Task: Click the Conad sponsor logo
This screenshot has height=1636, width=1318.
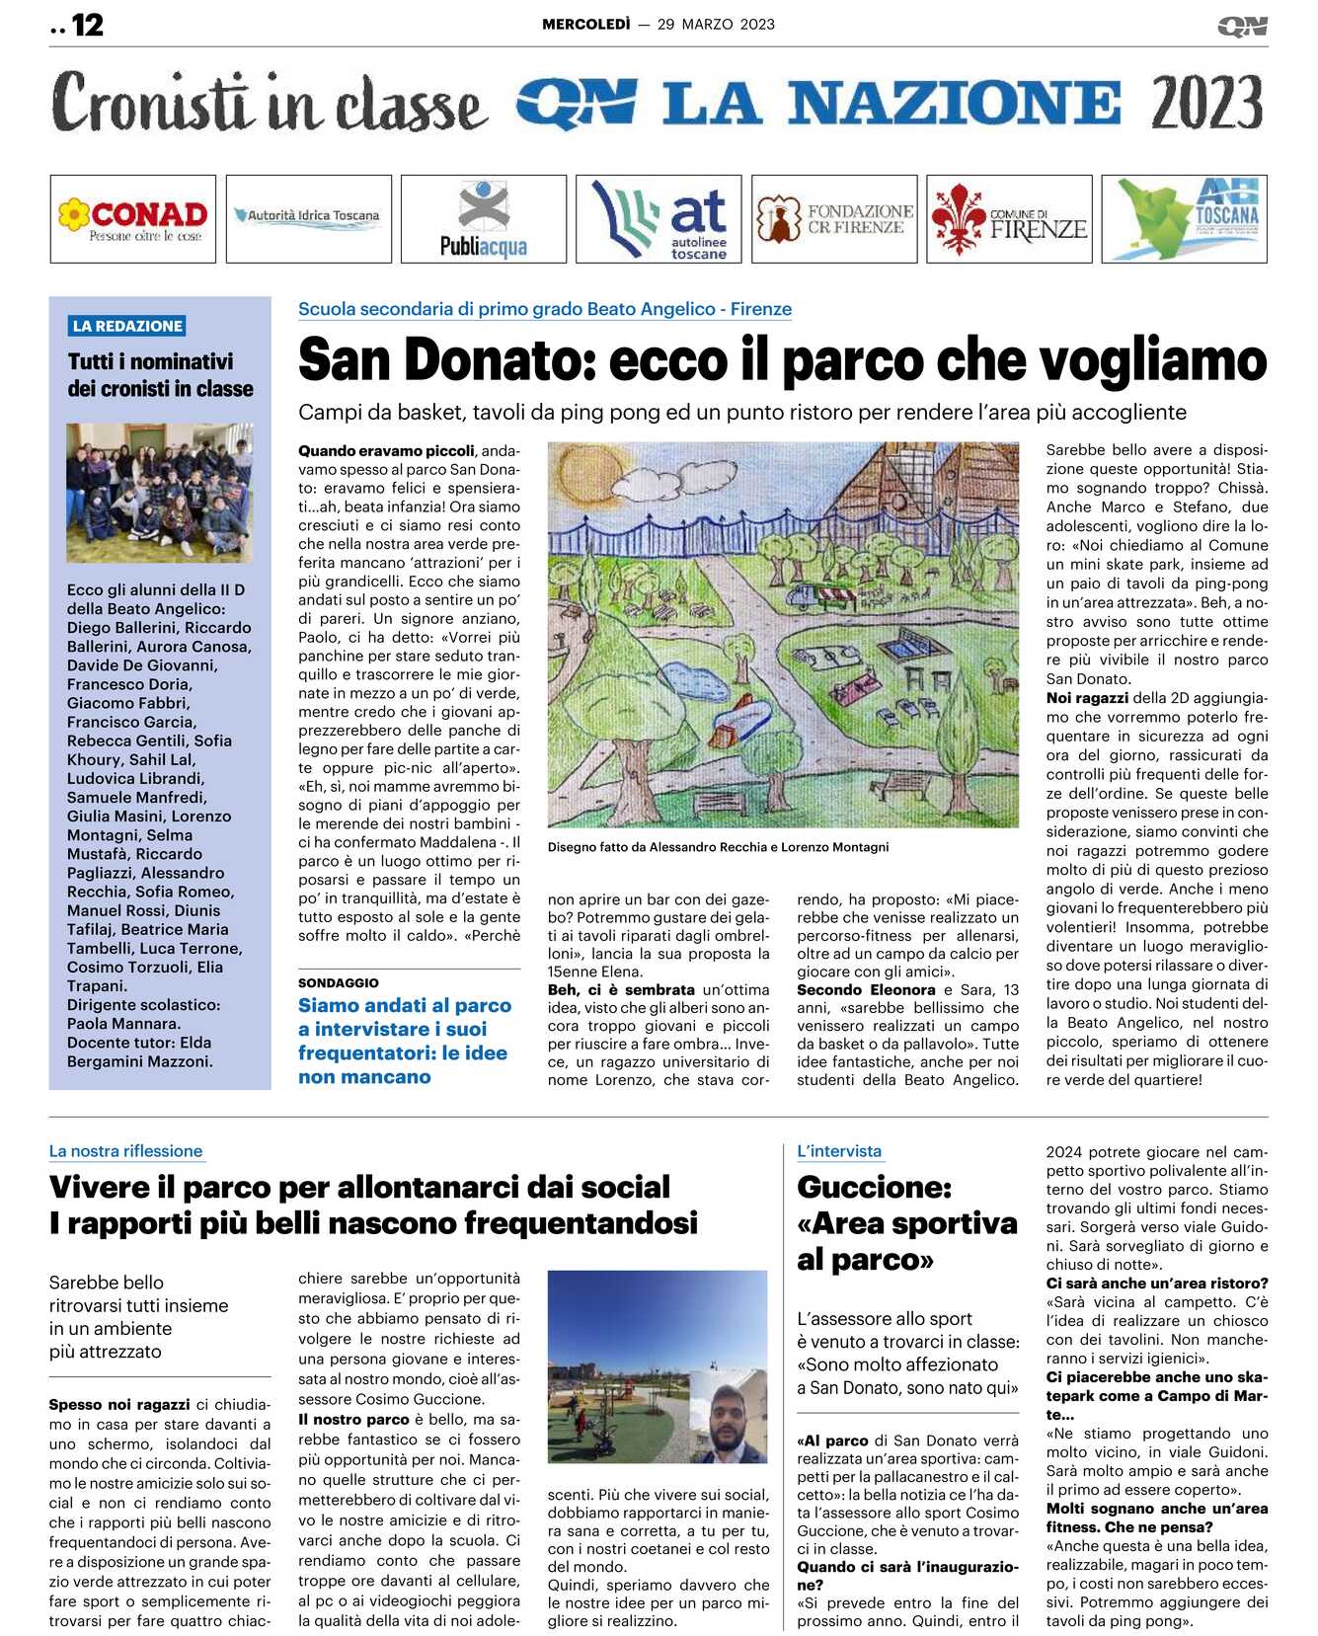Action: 132,218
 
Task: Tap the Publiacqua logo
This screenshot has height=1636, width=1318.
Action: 484,218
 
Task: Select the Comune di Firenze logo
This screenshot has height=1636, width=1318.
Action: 1009,218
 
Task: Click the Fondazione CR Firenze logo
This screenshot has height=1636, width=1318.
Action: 834,218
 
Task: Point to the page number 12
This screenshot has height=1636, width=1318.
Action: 87,25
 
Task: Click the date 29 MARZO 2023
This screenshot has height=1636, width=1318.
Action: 716,25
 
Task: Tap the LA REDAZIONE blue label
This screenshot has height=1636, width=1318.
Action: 127,326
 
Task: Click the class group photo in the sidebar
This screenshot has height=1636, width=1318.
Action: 159,493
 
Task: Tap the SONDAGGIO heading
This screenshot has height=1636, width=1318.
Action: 339,982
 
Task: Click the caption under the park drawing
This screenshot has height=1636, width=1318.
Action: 718,847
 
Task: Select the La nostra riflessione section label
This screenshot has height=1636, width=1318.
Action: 126,1151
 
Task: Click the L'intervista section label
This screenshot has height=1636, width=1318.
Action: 839,1151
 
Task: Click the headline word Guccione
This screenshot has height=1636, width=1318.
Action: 874,1187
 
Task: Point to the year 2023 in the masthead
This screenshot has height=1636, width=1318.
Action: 1206,103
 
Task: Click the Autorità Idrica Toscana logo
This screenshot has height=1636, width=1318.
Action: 308,215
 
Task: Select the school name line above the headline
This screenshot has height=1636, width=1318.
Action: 545,309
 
